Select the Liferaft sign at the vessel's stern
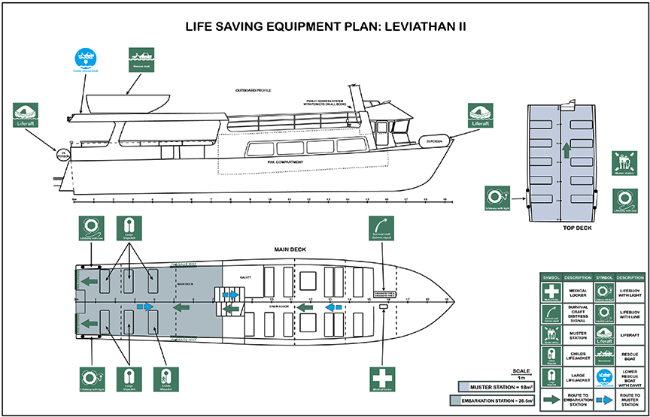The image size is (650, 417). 26,116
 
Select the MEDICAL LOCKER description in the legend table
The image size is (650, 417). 577,290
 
